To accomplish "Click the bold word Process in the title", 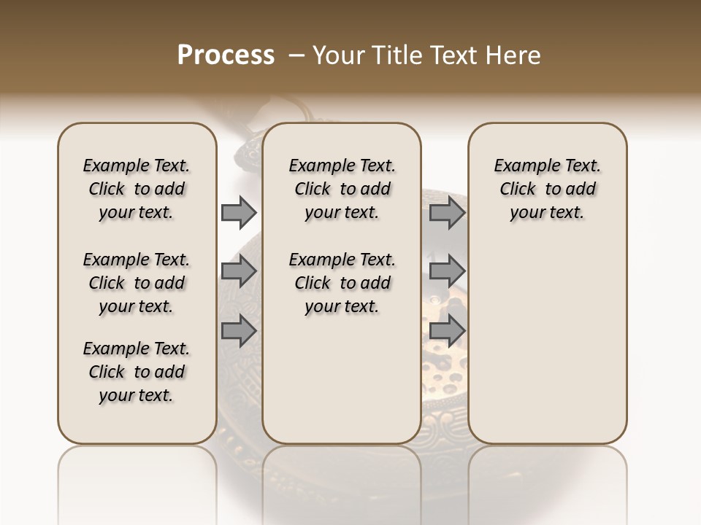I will coord(226,55).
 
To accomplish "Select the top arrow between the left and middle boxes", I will coord(238,213).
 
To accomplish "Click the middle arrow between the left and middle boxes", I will coord(238,272).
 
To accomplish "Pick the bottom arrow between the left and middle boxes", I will coord(238,330).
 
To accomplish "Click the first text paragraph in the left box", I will coord(137,189).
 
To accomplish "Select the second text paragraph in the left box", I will coord(137,283).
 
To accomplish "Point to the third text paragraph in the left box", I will coord(137,372).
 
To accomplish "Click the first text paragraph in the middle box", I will coord(342,189).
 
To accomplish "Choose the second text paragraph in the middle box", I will coord(342,283).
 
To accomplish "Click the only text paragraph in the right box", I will coord(547,189).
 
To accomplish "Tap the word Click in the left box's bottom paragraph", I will coord(107,372).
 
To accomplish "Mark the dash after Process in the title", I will coord(296,55).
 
